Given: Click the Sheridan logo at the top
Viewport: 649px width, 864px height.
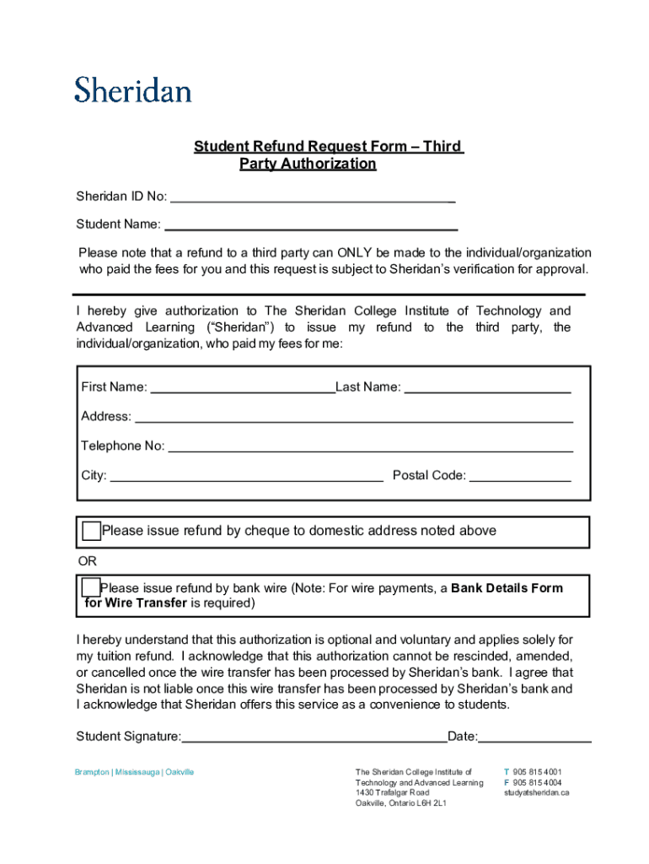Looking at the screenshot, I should [x=133, y=89].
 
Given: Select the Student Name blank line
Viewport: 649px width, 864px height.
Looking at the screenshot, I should [x=311, y=226].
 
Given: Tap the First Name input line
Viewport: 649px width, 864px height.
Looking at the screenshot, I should [x=242, y=389].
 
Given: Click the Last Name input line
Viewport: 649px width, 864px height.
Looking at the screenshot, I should [x=488, y=389].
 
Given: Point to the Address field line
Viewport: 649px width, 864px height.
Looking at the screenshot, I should [x=354, y=418].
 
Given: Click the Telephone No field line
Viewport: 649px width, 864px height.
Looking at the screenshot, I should [x=371, y=447].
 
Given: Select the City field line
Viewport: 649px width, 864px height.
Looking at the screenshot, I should [x=247, y=477].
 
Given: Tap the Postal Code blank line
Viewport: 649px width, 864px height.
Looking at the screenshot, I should [x=520, y=477].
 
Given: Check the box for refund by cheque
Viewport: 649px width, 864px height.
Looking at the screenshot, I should [x=91, y=532].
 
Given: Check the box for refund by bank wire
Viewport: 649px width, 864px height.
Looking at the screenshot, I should [x=90, y=587].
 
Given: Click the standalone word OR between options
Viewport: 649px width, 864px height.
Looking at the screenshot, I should [x=87, y=561].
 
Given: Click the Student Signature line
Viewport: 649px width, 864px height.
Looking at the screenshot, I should [x=314, y=739].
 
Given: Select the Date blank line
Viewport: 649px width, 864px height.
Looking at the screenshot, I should [x=535, y=739].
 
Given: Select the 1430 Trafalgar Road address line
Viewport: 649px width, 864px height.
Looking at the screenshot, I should [x=392, y=793].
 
